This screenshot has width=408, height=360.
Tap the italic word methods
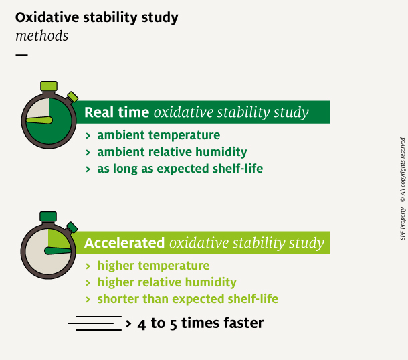click(42, 35)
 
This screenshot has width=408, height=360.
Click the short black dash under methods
click(21, 55)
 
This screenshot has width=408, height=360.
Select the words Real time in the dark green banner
click(116, 112)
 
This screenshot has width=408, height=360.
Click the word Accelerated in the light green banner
click(124, 243)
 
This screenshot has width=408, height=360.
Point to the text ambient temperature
click(159, 135)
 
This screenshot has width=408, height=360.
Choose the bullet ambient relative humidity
click(173, 152)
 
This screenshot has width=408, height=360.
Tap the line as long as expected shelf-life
click(180, 169)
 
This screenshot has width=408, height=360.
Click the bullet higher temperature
click(154, 266)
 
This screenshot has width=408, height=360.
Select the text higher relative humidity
click(167, 282)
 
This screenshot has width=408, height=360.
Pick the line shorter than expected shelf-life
click(188, 299)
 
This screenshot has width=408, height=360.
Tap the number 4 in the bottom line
click(142, 325)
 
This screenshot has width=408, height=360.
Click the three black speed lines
click(95, 323)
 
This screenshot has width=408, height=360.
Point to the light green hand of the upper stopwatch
click(39, 120)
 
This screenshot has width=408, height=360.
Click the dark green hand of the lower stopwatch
click(58, 251)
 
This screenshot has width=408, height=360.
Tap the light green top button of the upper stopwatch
click(49, 86)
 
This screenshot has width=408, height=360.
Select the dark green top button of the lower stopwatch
click(48, 217)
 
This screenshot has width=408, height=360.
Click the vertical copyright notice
click(403, 189)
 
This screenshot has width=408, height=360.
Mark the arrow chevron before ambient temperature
click(88, 136)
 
